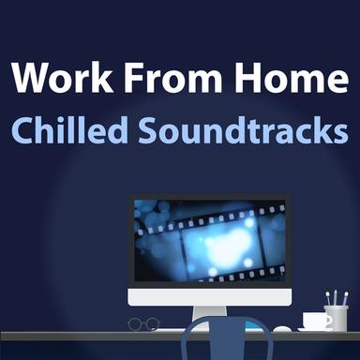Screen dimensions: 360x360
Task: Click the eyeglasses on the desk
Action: point(143,323)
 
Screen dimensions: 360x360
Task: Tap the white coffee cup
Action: point(317,321)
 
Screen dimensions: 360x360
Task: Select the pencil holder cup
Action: point(336,317)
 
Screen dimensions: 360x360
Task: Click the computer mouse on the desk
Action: point(282,328)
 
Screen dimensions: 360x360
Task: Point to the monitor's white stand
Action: point(209,317)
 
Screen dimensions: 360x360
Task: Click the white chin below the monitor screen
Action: point(209,297)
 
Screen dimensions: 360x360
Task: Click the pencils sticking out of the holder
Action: point(336,298)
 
